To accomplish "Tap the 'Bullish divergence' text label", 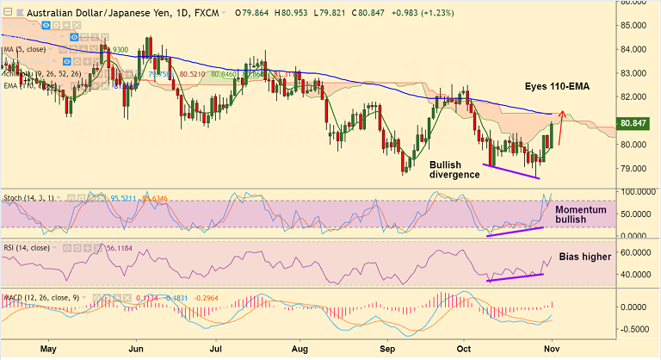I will coord(454,168).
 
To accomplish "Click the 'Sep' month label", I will coord(387,349).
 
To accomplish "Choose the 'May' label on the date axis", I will coord(48,349).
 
